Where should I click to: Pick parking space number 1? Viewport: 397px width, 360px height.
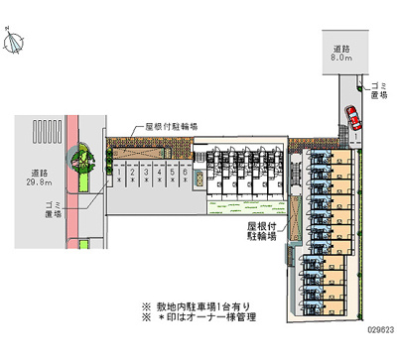[x=119, y=178]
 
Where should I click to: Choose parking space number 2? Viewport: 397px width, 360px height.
[x=132, y=178]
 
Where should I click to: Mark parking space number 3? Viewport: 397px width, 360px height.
[x=145, y=178]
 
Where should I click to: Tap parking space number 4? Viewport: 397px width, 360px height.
[x=158, y=178]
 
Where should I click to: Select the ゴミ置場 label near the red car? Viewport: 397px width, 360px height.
[x=377, y=91]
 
